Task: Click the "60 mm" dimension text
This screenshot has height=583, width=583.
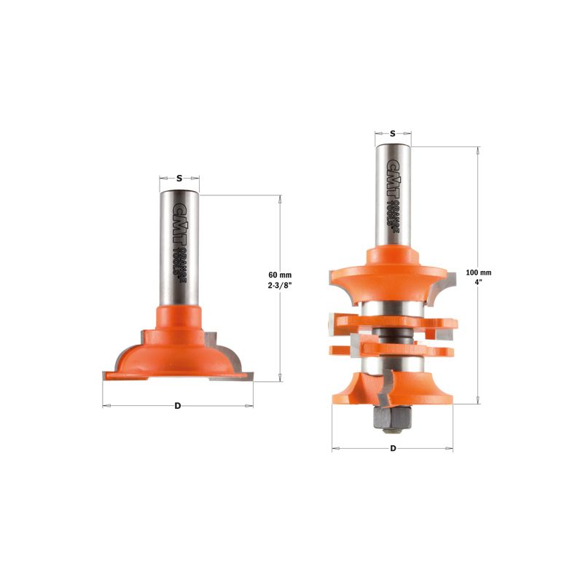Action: coord(280,275)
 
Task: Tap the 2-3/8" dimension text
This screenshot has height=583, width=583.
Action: coord(280,285)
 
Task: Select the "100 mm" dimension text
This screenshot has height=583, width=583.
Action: coord(479,273)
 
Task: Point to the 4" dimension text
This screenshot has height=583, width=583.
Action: coord(479,282)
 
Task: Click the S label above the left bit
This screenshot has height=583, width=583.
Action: coord(179,179)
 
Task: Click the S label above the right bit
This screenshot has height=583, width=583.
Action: coord(393,134)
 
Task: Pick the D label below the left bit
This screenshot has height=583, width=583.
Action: coord(178,406)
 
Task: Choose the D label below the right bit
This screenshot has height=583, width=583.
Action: coord(393,448)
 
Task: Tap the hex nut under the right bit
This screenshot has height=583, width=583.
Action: coord(392,418)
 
